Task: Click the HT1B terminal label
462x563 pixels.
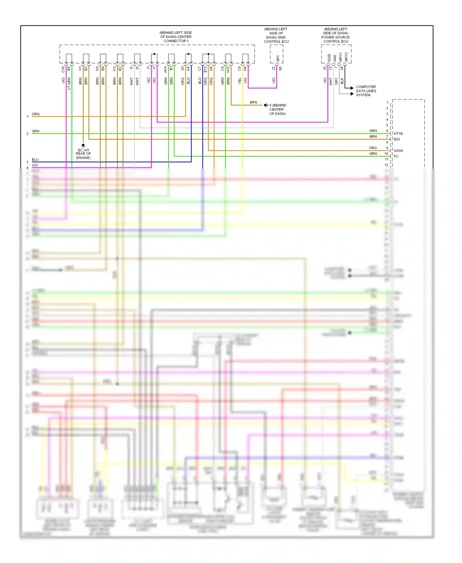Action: (x=398, y=134)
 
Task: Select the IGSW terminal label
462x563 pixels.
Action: (x=398, y=151)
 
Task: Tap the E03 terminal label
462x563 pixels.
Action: (x=397, y=139)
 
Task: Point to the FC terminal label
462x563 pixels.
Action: (x=396, y=156)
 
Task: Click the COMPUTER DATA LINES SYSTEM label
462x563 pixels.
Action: (x=366, y=91)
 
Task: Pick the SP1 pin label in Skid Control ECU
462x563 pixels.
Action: (x=278, y=58)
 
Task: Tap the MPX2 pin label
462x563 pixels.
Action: (x=346, y=57)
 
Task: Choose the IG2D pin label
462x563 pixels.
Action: (x=329, y=58)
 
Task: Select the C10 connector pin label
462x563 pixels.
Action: (x=63, y=69)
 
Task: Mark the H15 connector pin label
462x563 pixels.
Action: (x=228, y=69)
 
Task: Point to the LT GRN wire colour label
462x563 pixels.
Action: (x=69, y=83)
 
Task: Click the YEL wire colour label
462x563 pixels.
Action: (x=240, y=81)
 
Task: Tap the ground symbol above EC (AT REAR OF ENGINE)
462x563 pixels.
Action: (x=83, y=145)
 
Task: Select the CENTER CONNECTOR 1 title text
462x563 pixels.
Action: (x=176, y=37)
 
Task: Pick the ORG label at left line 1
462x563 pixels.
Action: (x=36, y=114)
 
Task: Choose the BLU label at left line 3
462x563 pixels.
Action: (x=35, y=160)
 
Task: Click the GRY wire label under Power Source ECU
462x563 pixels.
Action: (x=336, y=81)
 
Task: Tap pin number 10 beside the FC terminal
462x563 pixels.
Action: (x=386, y=154)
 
